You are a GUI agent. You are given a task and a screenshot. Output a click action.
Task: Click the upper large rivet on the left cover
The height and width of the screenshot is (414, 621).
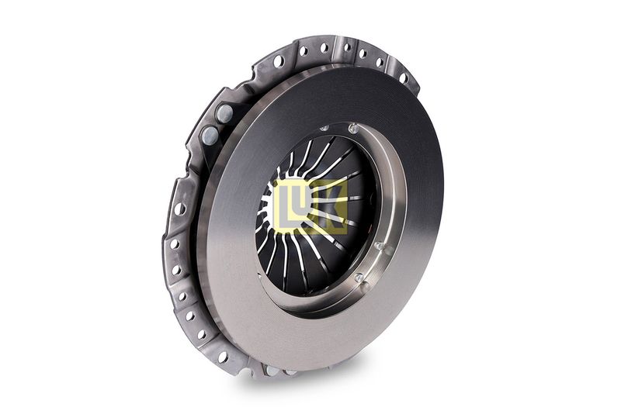224,113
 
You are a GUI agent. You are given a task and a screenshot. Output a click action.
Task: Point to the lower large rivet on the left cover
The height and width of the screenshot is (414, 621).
210,135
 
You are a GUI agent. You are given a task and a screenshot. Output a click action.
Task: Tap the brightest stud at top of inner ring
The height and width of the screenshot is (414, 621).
353,128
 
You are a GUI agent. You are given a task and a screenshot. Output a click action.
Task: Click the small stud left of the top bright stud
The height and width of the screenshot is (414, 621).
324,128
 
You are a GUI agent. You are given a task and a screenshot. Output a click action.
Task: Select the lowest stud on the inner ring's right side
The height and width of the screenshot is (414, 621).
359,278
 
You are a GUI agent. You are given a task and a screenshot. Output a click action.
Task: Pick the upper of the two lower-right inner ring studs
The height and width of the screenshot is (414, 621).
379,246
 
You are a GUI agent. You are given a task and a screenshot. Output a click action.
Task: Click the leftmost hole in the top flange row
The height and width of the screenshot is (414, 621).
279,61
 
